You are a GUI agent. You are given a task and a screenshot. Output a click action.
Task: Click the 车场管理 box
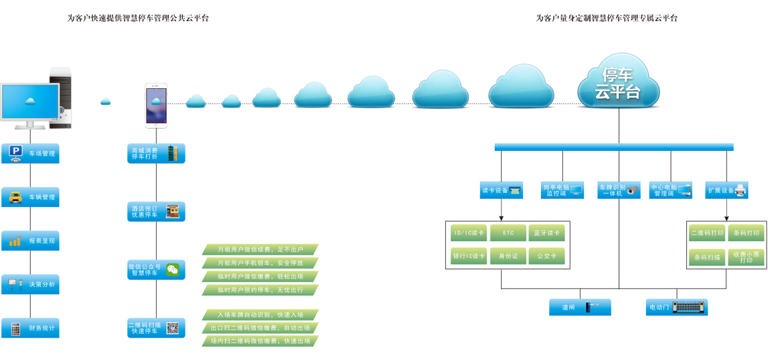[x=30, y=153]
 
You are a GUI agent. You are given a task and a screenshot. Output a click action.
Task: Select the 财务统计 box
[x=30, y=329]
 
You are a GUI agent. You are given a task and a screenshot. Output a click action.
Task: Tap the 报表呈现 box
[x=30, y=241]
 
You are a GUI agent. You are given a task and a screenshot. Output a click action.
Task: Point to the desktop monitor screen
[x=29, y=101]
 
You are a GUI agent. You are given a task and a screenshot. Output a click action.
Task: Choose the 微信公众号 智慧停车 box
[x=156, y=270]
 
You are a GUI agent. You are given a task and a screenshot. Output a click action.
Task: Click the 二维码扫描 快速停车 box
[x=156, y=328]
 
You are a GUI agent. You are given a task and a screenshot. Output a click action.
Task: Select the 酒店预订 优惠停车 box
[x=156, y=212]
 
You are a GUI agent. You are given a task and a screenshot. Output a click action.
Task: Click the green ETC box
[x=508, y=233]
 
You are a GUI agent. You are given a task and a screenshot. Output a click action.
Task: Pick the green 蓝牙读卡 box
[x=547, y=233]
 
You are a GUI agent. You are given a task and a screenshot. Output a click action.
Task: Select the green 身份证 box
[x=508, y=256]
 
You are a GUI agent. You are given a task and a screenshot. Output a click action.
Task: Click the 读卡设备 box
[x=501, y=190]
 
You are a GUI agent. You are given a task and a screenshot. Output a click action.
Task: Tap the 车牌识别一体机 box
[x=618, y=190]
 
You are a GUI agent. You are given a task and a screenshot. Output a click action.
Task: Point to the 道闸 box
[x=580, y=308]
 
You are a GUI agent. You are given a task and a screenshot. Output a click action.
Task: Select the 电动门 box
[x=677, y=308]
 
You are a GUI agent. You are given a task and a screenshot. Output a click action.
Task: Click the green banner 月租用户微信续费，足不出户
[x=260, y=249]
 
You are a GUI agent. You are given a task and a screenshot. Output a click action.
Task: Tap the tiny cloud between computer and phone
[x=106, y=101]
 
